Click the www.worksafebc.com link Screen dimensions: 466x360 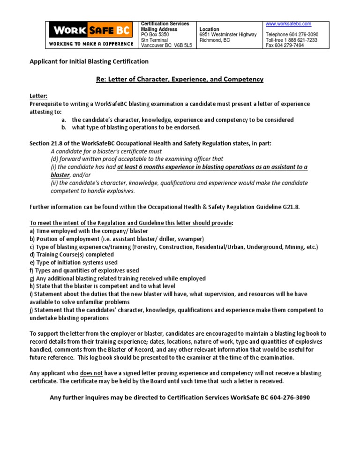pos(288,23)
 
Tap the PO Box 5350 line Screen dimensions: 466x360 pos(155,35)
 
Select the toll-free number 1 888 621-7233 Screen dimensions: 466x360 pos(291,40)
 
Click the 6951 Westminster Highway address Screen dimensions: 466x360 pos(228,35)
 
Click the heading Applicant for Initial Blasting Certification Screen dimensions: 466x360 pos(89,61)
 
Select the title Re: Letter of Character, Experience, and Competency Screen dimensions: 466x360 pos(180,79)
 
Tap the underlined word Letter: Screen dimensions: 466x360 pos(39,96)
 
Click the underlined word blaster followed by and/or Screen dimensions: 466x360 pos(60,174)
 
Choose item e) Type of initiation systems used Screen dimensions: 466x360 pos(74,263)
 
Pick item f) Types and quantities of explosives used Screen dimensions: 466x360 pos(84,271)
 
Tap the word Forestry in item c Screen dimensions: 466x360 pos(147,247)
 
